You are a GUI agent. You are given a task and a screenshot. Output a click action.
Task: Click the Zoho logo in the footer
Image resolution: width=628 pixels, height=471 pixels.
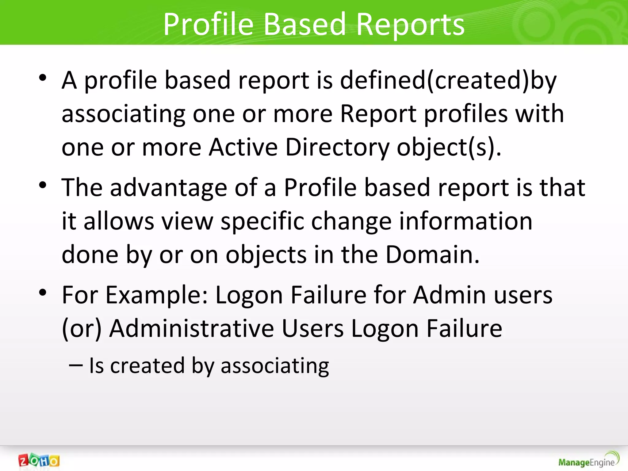pos(39,461)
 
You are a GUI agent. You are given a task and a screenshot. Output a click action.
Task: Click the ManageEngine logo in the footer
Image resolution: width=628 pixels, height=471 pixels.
pos(588,460)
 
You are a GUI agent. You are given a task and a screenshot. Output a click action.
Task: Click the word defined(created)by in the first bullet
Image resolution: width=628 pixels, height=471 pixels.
pos(448,80)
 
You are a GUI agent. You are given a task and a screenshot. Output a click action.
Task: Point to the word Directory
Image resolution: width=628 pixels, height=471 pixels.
pos(337,147)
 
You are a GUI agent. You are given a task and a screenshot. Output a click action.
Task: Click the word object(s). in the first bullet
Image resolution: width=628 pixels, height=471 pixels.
pos(449,147)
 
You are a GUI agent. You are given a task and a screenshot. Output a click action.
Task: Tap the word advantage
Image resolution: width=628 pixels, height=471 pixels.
pos(168,188)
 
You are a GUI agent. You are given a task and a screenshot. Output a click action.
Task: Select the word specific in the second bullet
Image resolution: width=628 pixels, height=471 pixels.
pos(262,221)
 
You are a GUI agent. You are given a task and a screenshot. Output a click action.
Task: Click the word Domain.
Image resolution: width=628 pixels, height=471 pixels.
pos(432,255)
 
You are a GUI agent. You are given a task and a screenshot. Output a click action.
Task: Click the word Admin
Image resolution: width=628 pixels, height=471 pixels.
pos(450,295)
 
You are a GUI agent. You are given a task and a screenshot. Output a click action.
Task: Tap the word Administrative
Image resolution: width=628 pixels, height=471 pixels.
pos(192,328)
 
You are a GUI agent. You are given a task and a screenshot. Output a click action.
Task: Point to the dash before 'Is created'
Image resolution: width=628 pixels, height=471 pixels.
pos(76,366)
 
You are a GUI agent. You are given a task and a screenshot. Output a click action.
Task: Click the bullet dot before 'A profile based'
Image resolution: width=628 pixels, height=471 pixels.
pos(43,78)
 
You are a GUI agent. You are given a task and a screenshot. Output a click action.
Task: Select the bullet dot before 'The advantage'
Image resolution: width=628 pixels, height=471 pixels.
pos(43,185)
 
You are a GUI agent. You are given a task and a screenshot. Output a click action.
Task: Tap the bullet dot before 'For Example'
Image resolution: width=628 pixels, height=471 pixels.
pos(43,293)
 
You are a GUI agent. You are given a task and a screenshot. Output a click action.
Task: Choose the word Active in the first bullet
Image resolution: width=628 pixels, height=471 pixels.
pos(243,147)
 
